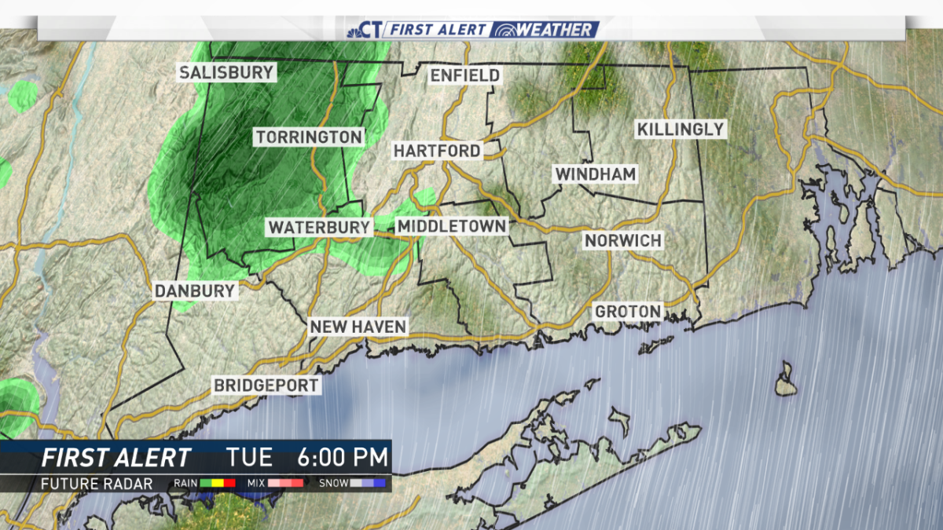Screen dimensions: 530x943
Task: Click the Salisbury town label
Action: point(226,73)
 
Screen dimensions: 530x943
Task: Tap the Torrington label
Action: point(310,137)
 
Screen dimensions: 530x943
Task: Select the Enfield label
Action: point(465,75)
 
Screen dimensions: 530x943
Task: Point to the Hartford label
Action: point(437,150)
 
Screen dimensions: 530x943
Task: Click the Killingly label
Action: point(681,129)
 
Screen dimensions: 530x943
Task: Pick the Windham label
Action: point(596,174)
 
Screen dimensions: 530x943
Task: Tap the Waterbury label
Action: point(319,227)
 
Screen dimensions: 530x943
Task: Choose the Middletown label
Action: point(452,226)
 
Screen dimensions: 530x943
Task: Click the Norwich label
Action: point(623,240)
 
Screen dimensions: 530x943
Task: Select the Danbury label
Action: point(195,291)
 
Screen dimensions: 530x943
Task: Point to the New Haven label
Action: point(358,327)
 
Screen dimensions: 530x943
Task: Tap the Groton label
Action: point(628,312)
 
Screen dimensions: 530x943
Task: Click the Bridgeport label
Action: point(267,386)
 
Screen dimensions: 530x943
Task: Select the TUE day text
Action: point(249,457)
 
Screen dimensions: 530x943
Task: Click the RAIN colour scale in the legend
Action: point(218,484)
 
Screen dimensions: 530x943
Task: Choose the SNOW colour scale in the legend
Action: point(368,484)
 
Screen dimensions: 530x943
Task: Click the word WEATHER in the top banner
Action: point(554,30)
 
